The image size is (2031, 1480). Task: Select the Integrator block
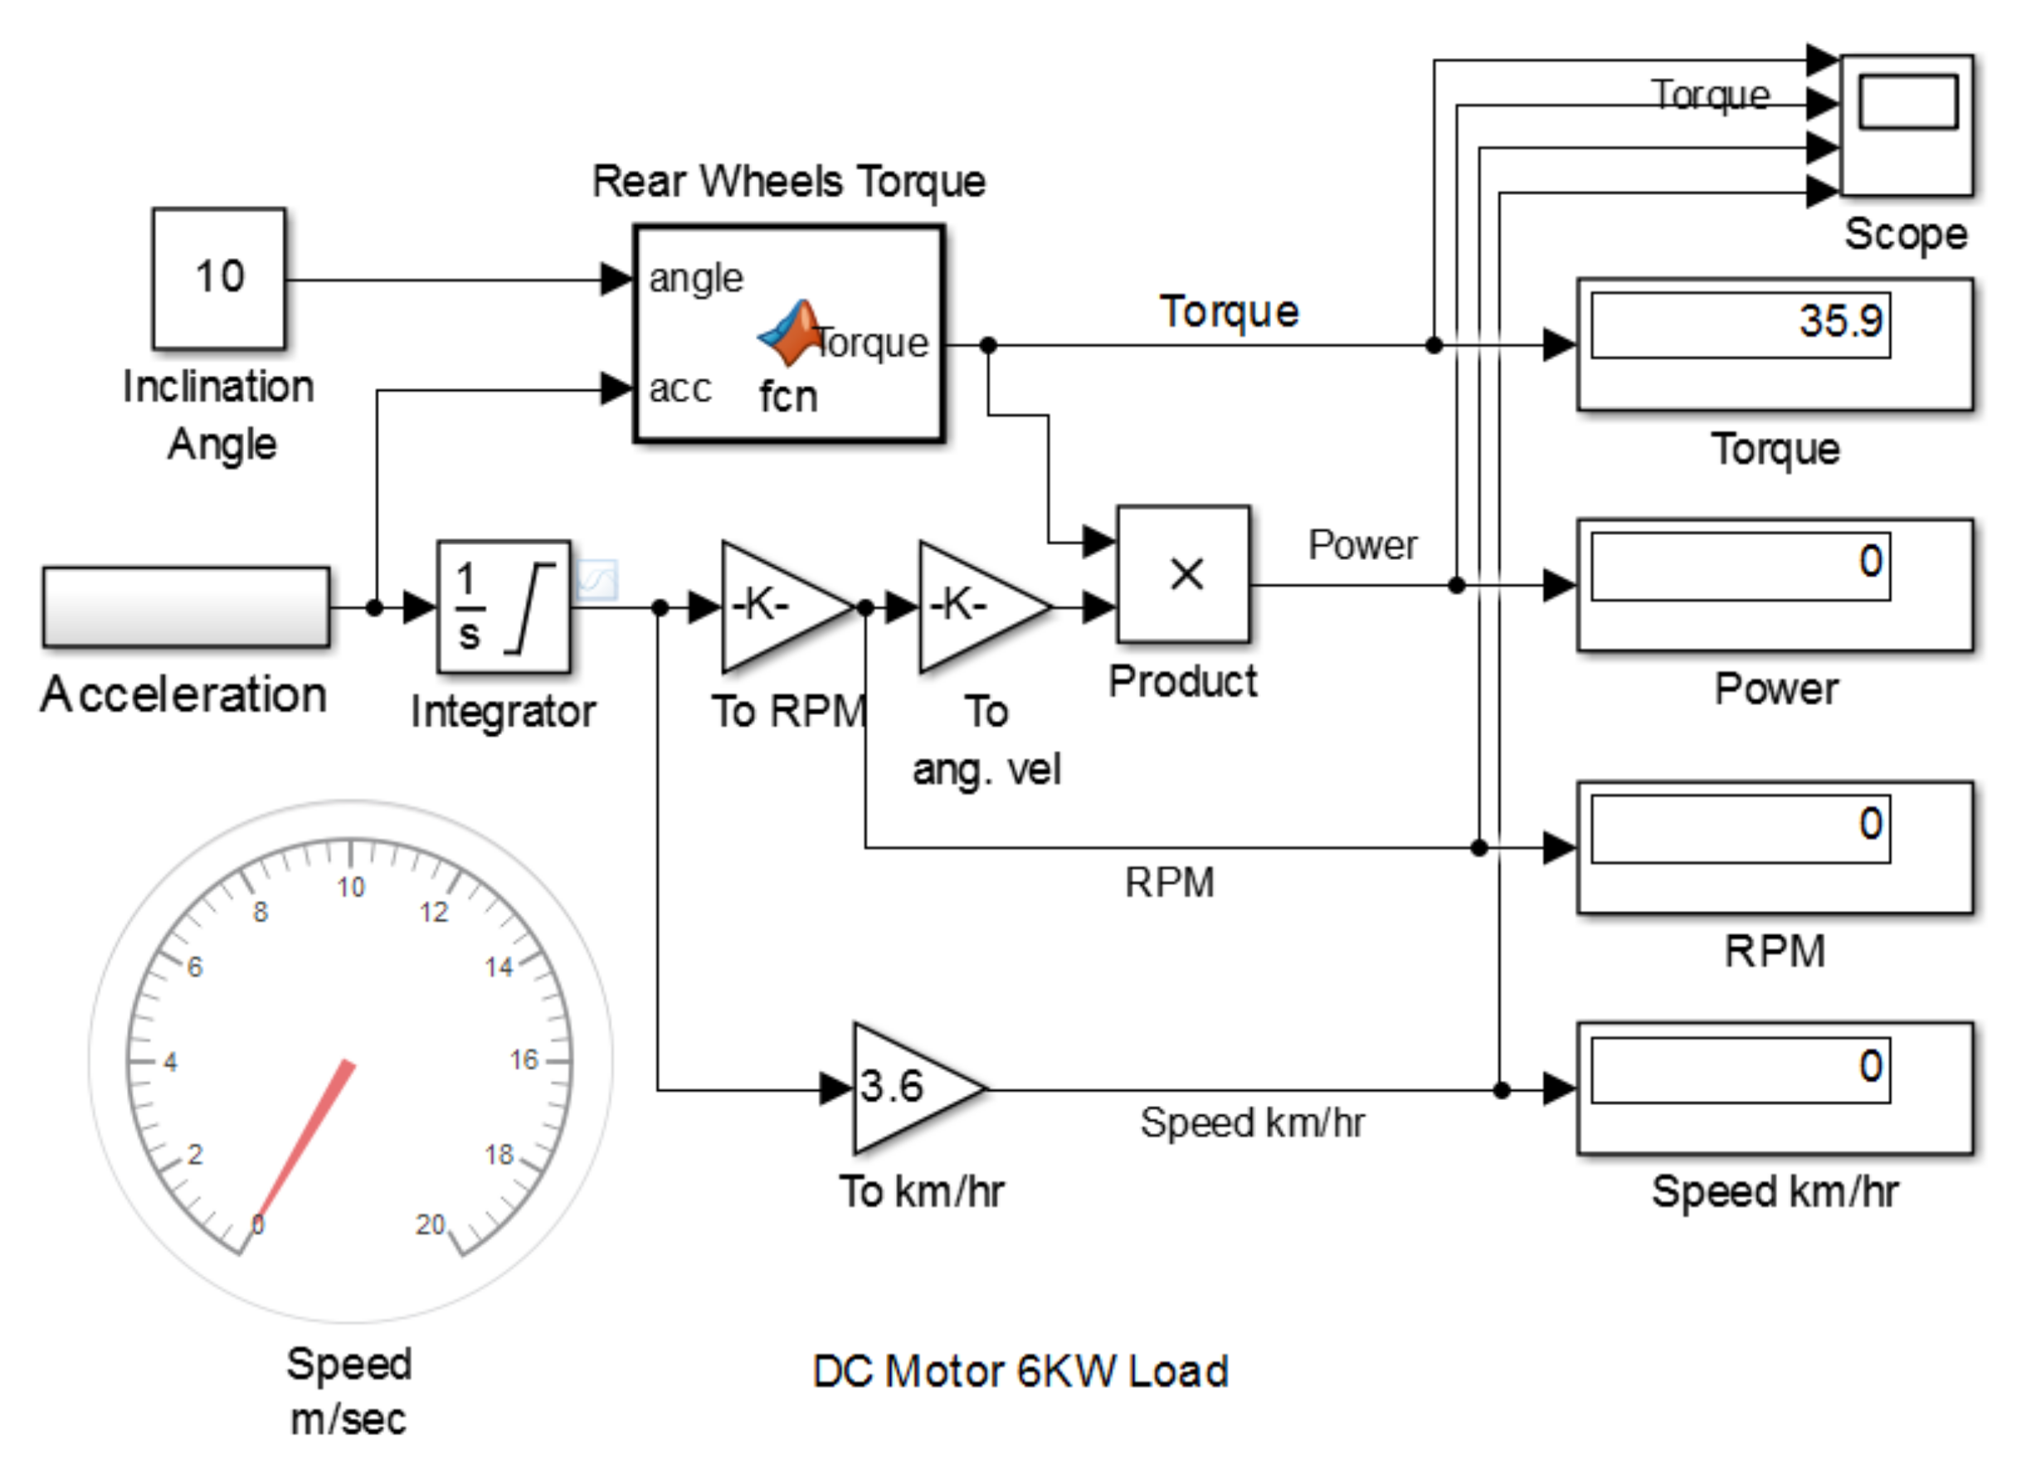(x=504, y=606)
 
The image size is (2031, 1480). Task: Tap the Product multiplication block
(x=1183, y=574)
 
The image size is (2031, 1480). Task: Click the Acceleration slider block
(x=187, y=606)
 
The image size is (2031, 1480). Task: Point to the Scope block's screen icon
(x=1908, y=101)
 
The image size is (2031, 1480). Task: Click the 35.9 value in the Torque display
(x=1841, y=321)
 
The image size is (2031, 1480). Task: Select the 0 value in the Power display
(x=1871, y=562)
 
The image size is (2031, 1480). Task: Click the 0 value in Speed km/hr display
(x=1871, y=1066)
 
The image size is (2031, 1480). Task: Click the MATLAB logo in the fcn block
(x=790, y=333)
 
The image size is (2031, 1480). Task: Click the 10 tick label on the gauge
(x=351, y=887)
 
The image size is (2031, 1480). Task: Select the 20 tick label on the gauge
(x=430, y=1224)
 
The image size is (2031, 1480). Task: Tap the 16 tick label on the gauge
(x=524, y=1060)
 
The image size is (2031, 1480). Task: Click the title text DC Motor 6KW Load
(x=1020, y=1371)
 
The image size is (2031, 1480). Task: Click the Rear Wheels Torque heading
(x=789, y=181)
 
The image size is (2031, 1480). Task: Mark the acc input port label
(x=680, y=389)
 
